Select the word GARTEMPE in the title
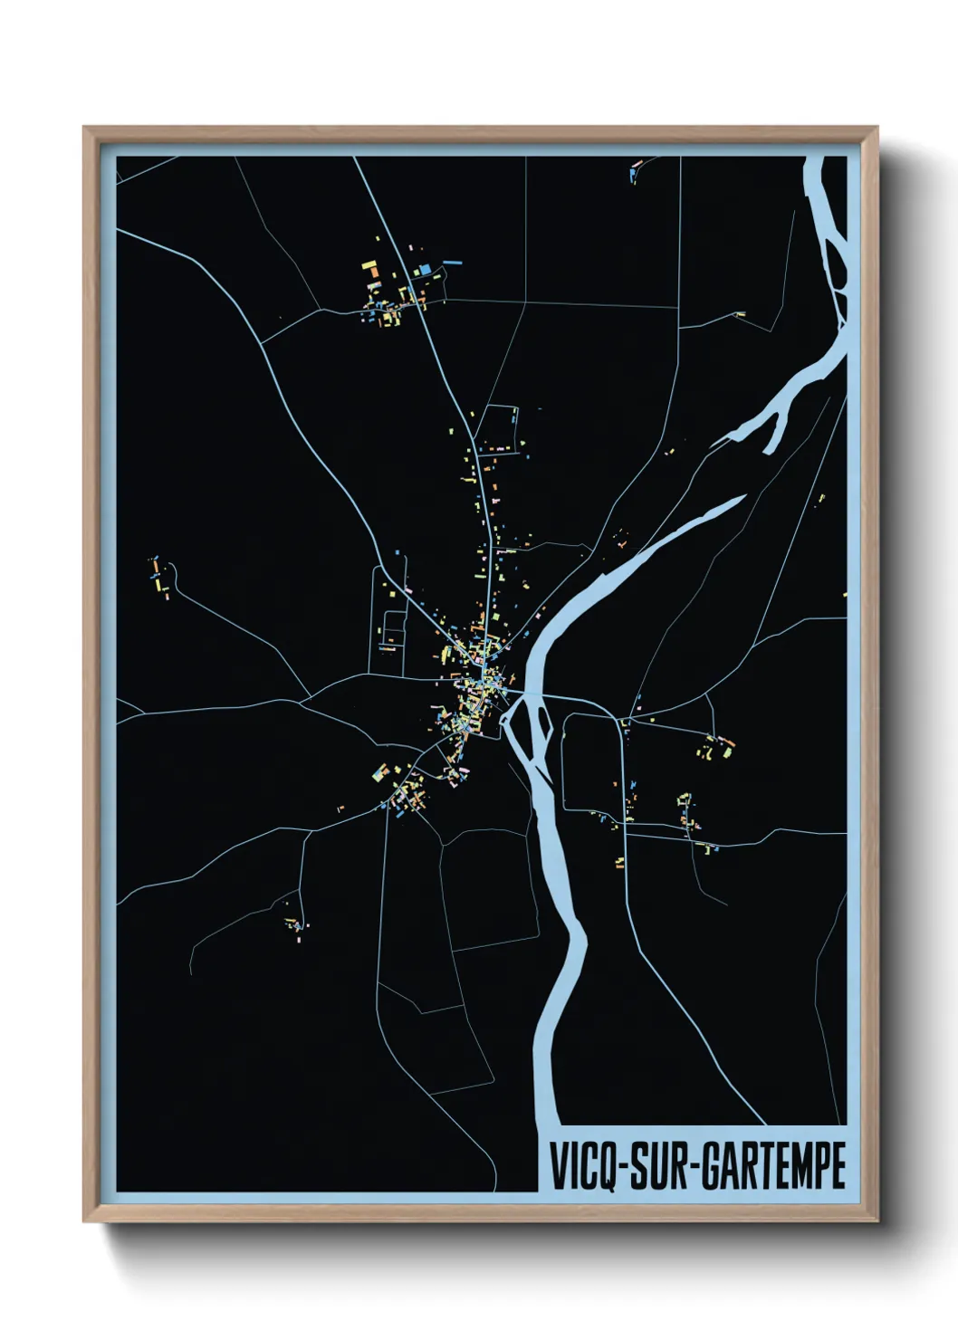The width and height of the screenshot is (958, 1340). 774,1165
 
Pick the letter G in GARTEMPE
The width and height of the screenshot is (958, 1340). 713,1165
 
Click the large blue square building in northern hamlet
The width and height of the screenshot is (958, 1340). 425,269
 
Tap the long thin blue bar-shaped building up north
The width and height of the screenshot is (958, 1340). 452,263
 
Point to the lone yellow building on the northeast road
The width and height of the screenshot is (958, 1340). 741,314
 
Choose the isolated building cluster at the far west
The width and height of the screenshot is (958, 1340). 159,576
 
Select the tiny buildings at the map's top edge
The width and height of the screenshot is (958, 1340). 635,169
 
